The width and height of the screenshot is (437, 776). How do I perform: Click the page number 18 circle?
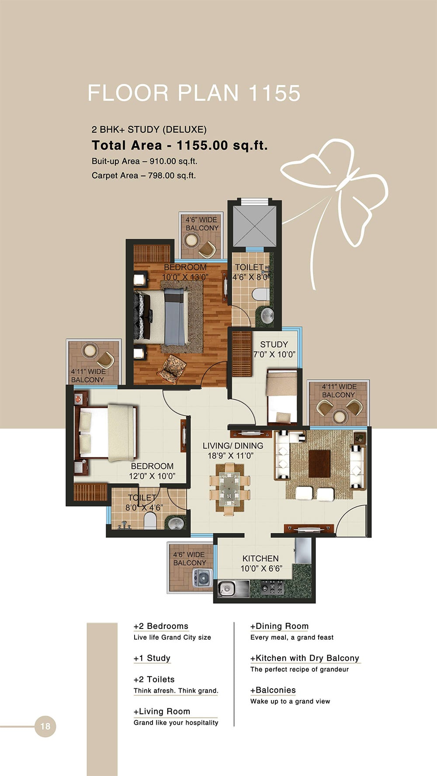click(x=45, y=726)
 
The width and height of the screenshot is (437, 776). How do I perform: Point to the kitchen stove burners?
click(x=272, y=588)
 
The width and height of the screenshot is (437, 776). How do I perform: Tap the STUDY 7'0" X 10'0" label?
click(x=274, y=349)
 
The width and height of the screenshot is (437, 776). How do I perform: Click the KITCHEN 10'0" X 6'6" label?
click(x=261, y=563)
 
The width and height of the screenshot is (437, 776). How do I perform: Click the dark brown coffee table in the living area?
click(x=319, y=464)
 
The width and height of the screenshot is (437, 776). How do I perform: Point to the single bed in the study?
click(x=282, y=396)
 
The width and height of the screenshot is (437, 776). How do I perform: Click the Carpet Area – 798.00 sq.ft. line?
click(x=143, y=175)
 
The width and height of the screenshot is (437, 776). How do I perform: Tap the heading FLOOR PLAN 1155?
click(x=194, y=93)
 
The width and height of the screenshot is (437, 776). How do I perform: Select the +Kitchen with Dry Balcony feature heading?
click(x=305, y=658)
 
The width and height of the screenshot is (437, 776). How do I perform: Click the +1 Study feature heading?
click(x=152, y=658)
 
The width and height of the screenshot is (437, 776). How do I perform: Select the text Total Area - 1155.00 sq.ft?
click(x=179, y=145)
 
